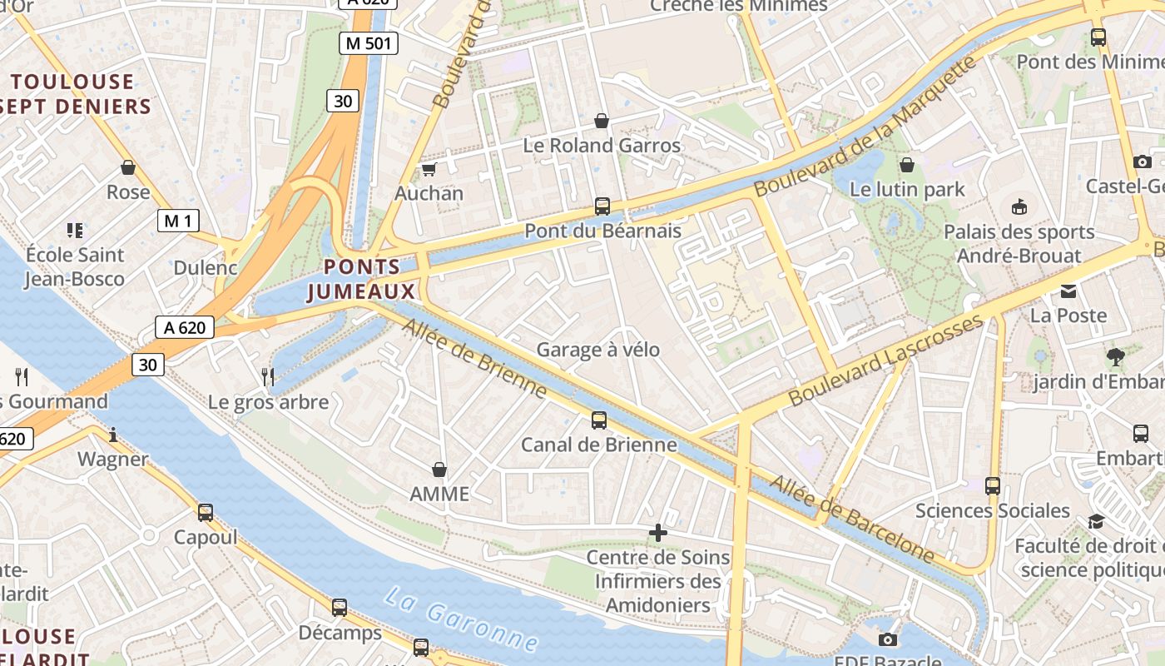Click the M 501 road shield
tap(368, 43)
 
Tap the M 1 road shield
tap(178, 221)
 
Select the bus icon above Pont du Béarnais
tap(602, 206)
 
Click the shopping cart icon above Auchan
tap(429, 170)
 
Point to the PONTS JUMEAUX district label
tap(361, 279)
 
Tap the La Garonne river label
tap(461, 619)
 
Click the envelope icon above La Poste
tap(1068, 291)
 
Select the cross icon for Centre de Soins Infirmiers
tap(658, 533)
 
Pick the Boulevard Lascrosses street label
tap(885, 361)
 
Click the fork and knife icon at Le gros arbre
tap(268, 377)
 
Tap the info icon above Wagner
tap(113, 435)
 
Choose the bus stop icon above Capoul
tap(206, 513)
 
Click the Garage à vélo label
tap(597, 350)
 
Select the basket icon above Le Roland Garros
tap(602, 122)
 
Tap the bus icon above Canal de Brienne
tap(598, 420)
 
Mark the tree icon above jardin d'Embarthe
tap(1116, 357)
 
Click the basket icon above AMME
tap(439, 470)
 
